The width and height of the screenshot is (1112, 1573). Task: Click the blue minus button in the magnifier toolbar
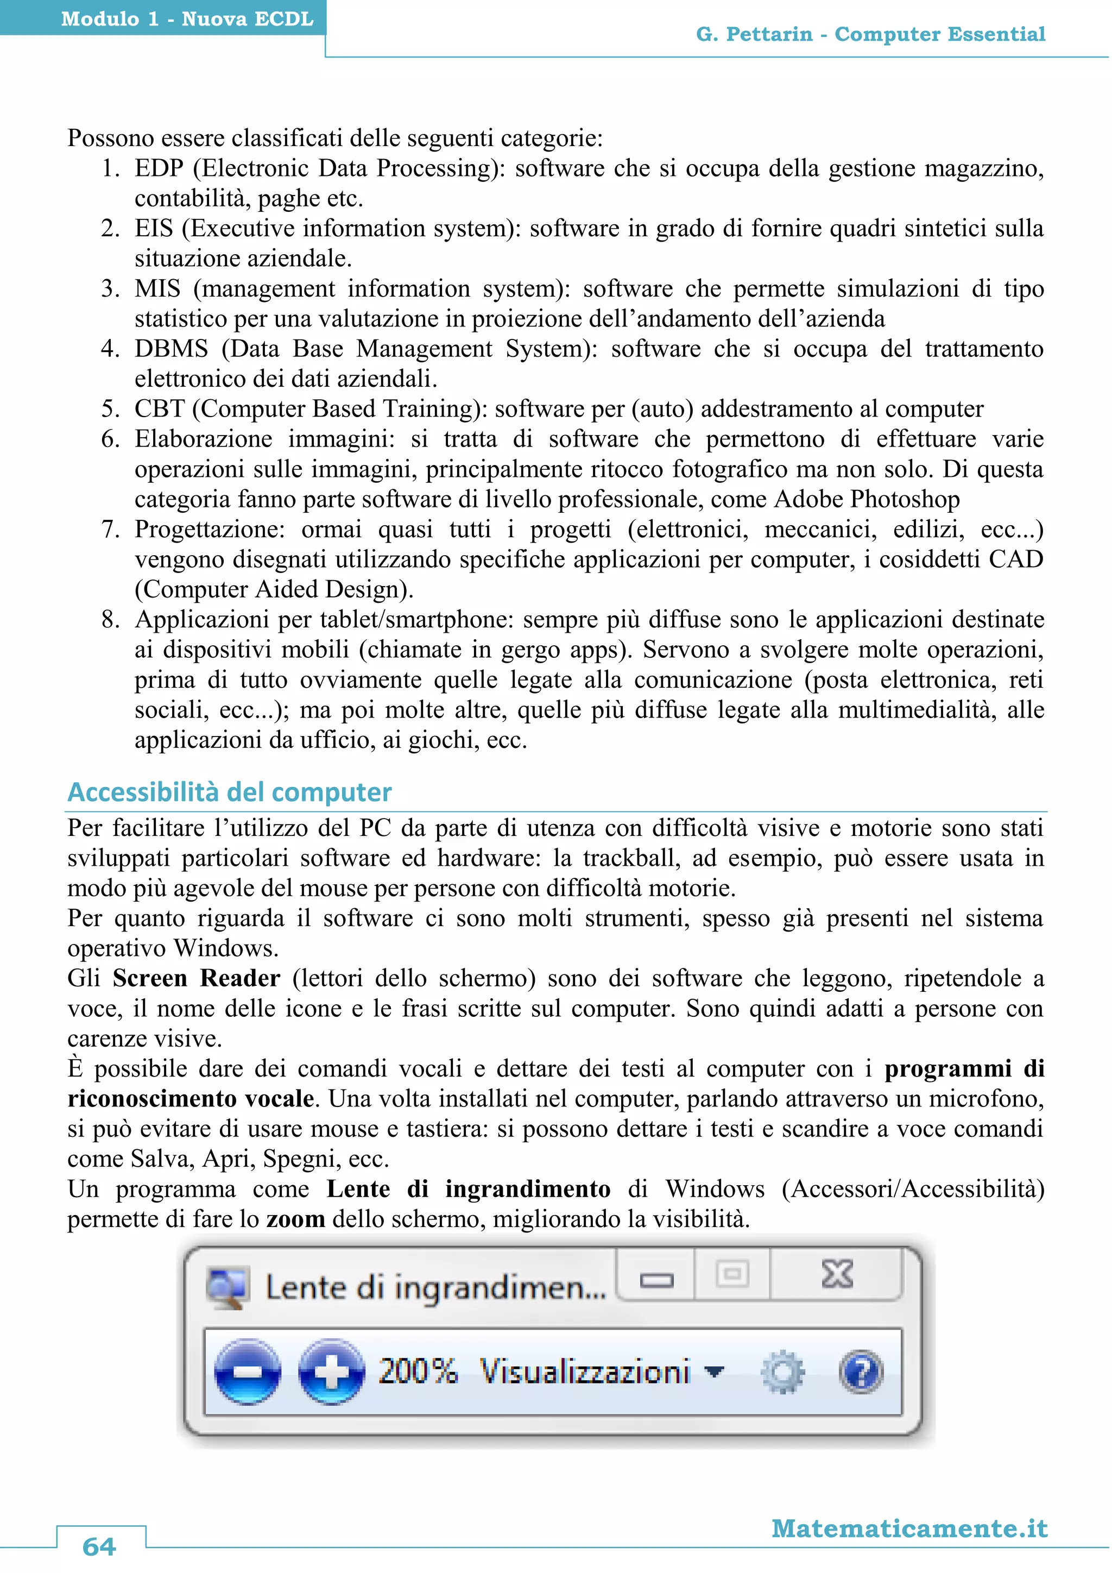pyautogui.click(x=247, y=1372)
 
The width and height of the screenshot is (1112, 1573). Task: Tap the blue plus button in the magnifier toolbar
pyautogui.click(x=331, y=1372)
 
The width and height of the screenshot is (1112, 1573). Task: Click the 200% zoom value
pyautogui.click(x=418, y=1371)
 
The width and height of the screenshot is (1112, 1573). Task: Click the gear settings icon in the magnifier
pyautogui.click(x=782, y=1372)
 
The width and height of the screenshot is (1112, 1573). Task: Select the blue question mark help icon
pyautogui.click(x=861, y=1372)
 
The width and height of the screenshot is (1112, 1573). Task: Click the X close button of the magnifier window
pyautogui.click(x=837, y=1274)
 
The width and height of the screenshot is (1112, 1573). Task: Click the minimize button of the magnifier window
pyautogui.click(x=656, y=1279)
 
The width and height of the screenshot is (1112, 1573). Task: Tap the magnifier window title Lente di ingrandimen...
pyautogui.click(x=435, y=1287)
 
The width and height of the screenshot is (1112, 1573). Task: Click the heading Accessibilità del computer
pyautogui.click(x=229, y=792)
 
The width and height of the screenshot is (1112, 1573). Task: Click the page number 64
pyautogui.click(x=99, y=1546)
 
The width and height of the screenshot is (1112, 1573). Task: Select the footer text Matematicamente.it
pyautogui.click(x=909, y=1528)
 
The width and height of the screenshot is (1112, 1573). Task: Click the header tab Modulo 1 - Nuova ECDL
pyautogui.click(x=187, y=18)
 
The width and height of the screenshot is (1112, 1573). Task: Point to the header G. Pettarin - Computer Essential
pyautogui.click(x=870, y=34)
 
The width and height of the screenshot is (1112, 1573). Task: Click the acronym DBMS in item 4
pyautogui.click(x=171, y=349)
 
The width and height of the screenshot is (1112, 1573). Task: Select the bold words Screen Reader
pyautogui.click(x=197, y=978)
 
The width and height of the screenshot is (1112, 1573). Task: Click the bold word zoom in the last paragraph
pyautogui.click(x=295, y=1219)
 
